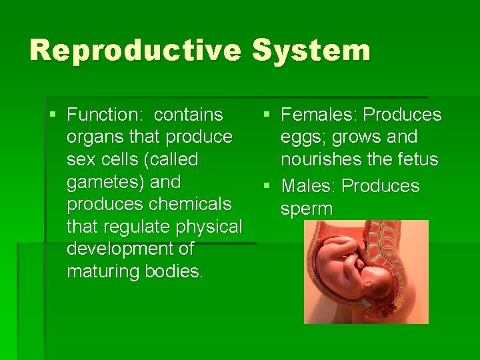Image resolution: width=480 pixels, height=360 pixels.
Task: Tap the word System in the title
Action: tap(311, 51)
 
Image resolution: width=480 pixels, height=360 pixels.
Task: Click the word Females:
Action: tap(319, 115)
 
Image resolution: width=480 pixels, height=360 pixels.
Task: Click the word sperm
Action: tap(307, 209)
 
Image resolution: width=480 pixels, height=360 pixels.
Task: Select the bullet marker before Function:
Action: tap(53, 115)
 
